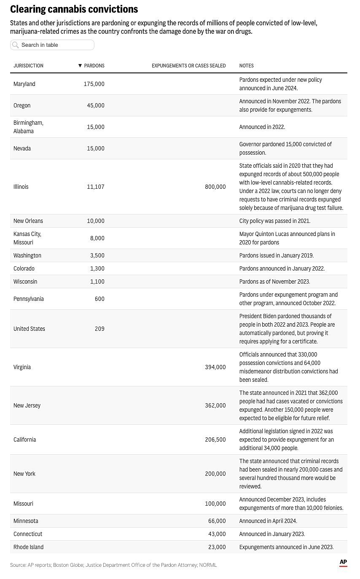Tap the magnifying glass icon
16,45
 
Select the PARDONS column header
92,66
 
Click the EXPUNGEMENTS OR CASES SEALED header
188,66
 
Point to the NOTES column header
246,66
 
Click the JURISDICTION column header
28,66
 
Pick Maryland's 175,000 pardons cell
94,84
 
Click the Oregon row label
22,105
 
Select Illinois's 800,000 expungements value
215,187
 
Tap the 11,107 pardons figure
96,187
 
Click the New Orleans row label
28,221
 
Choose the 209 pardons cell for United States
99,329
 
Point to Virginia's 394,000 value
215,367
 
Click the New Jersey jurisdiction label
27,405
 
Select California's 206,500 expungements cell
215,440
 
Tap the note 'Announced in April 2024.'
268,521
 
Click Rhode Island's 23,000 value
217,547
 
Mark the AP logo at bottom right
343,563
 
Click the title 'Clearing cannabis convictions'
74,9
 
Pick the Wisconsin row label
25,281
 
